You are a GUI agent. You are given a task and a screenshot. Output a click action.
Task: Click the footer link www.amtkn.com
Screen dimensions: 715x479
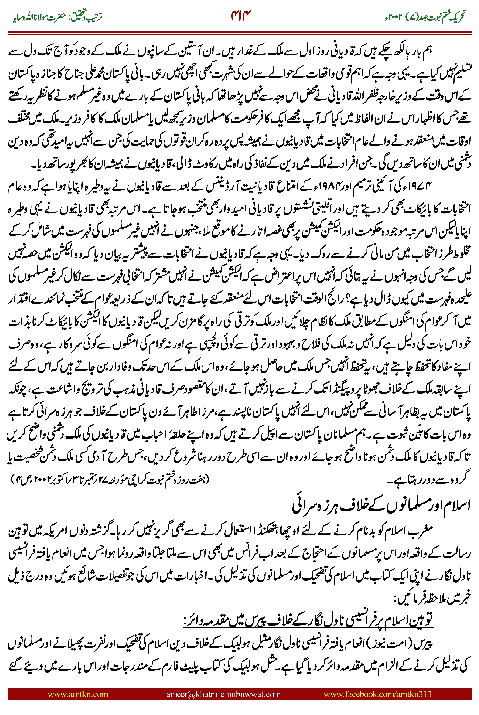(x=78, y=694)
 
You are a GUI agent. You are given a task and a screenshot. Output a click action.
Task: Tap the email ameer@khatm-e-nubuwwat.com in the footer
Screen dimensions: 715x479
(x=223, y=694)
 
